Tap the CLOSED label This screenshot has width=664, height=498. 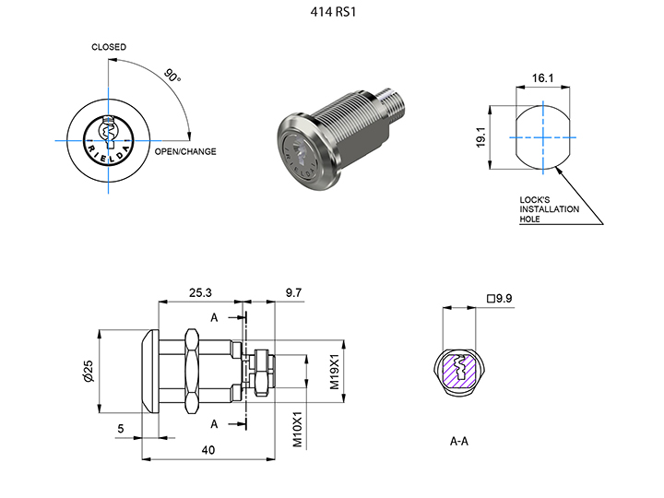tap(109, 47)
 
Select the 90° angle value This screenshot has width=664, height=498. tap(172, 75)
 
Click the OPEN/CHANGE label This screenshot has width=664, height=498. tap(185, 151)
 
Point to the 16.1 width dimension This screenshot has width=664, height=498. tap(543, 79)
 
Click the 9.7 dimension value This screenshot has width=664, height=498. tap(292, 292)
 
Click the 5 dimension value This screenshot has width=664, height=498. tap(122, 428)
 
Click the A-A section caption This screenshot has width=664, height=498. tap(459, 441)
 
